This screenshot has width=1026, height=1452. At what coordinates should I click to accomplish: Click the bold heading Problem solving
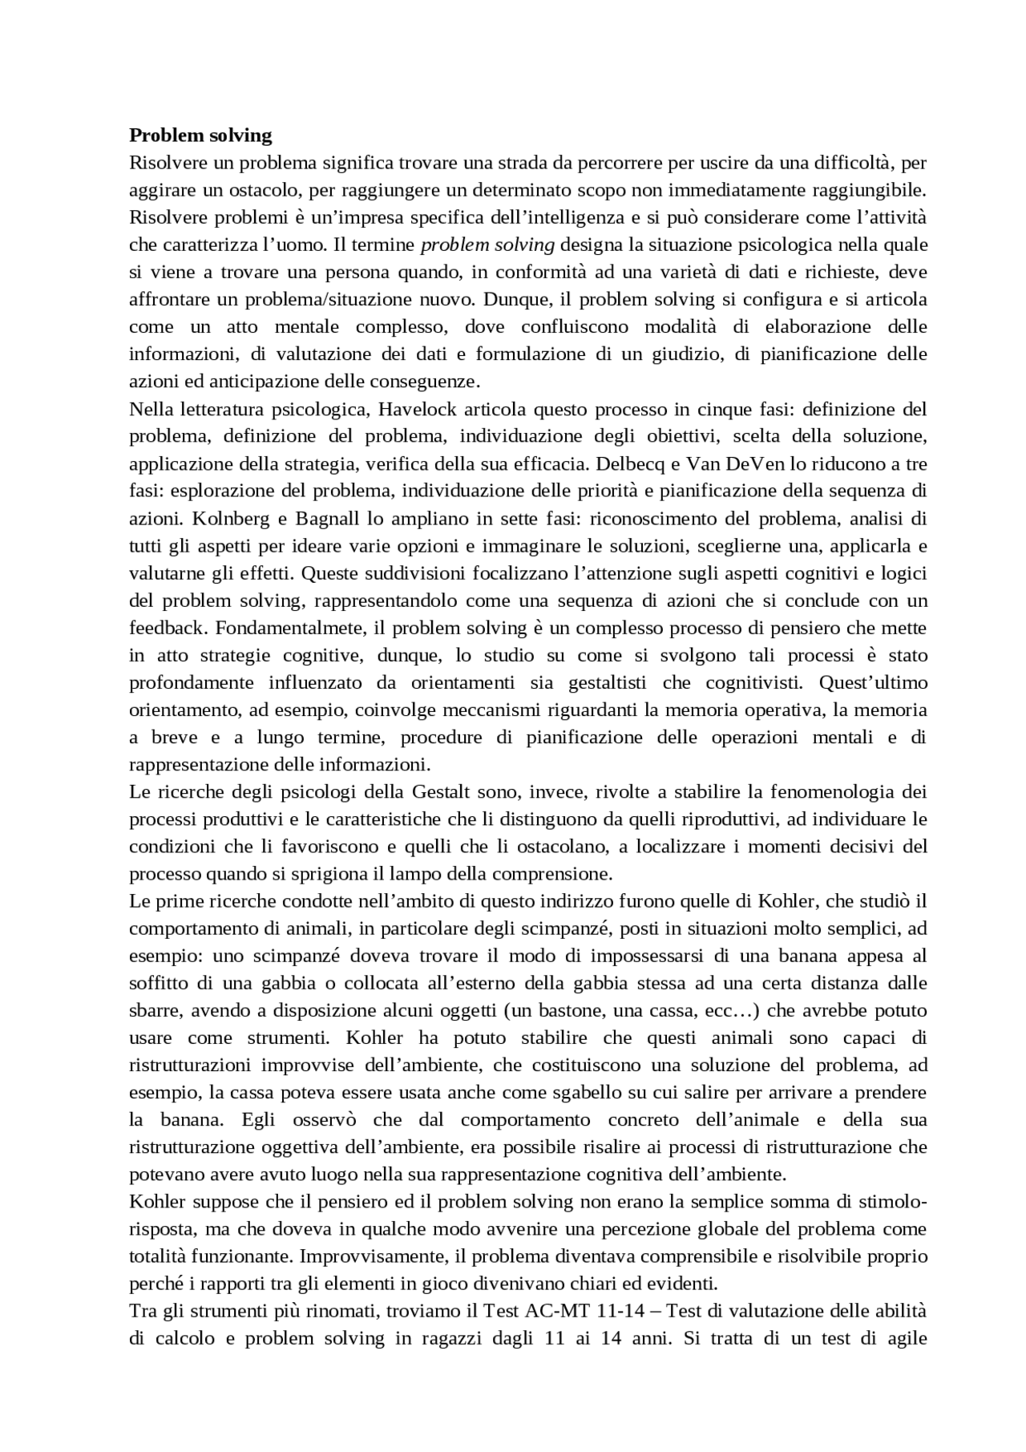200,135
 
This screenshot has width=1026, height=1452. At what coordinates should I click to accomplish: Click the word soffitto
160,983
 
